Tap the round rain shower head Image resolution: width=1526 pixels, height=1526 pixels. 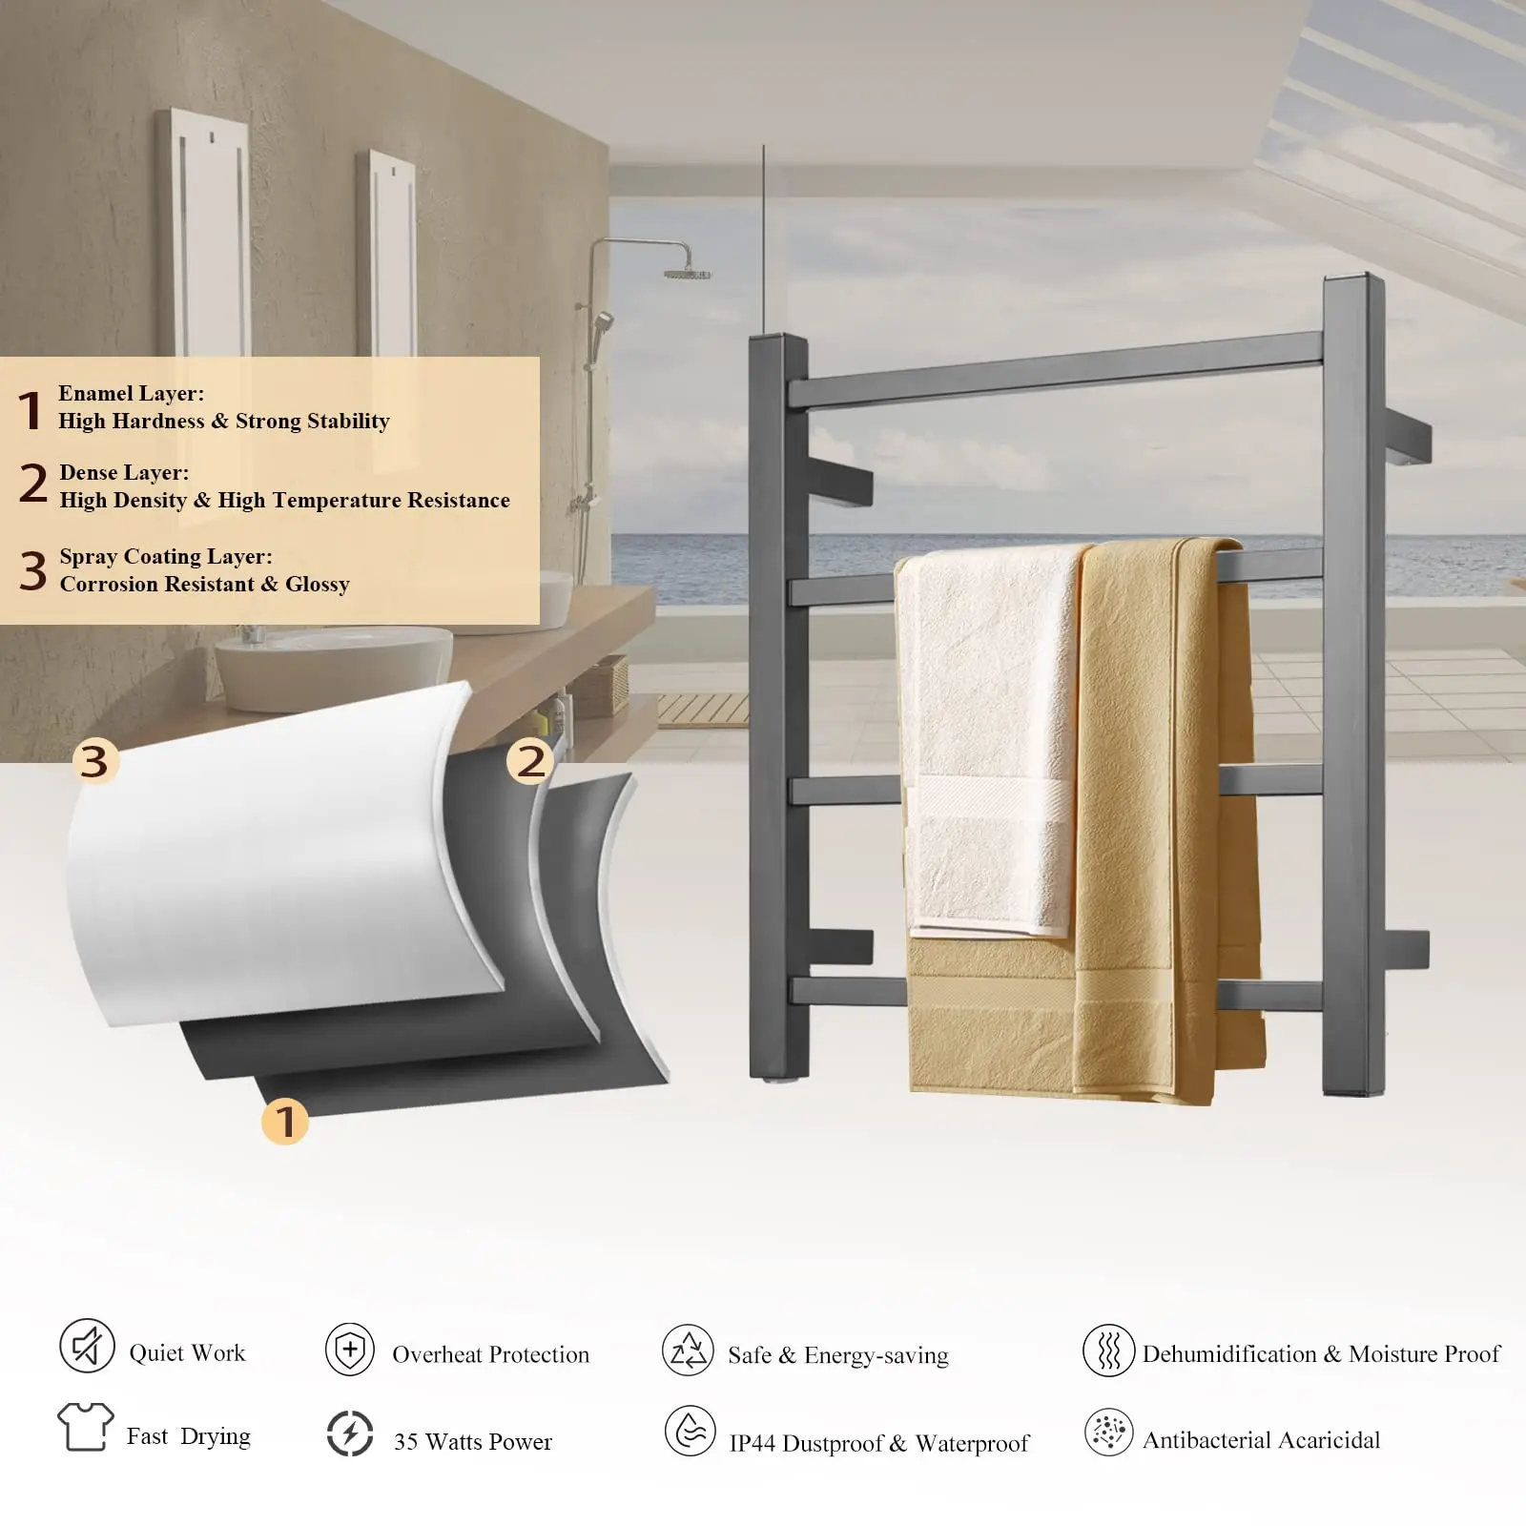pyautogui.click(x=688, y=274)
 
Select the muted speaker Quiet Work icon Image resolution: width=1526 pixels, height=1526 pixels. pyautogui.click(x=87, y=1346)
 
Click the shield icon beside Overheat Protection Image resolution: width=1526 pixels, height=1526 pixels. pyautogui.click(x=350, y=1350)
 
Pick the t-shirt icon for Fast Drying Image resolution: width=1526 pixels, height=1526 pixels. pyautogui.click(x=85, y=1427)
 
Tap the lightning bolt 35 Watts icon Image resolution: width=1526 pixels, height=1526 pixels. pyautogui.click(x=350, y=1433)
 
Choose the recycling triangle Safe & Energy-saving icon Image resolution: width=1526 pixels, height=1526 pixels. pyautogui.click(x=688, y=1350)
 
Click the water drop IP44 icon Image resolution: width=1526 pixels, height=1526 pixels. pyautogui.click(x=690, y=1431)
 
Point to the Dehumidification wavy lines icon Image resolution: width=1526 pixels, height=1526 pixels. pyautogui.click(x=1108, y=1350)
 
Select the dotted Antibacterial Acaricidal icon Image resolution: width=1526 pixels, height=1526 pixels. pyautogui.click(x=1108, y=1432)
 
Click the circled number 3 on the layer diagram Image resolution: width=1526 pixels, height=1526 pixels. pyautogui.click(x=94, y=761)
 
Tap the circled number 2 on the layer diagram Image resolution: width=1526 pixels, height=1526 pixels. pyautogui.click(x=530, y=761)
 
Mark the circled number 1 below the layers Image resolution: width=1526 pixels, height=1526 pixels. pyautogui.click(x=285, y=1121)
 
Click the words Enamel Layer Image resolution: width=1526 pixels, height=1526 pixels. pyautogui.click(x=131, y=393)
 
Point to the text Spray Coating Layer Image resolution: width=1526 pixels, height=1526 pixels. pyautogui.click(x=165, y=556)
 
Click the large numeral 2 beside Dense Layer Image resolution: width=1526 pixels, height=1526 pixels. pyautogui.click(x=33, y=484)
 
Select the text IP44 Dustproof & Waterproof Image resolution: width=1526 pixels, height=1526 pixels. pyautogui.click(x=878, y=1443)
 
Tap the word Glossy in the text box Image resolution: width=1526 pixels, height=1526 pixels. pyautogui.click(x=318, y=584)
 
